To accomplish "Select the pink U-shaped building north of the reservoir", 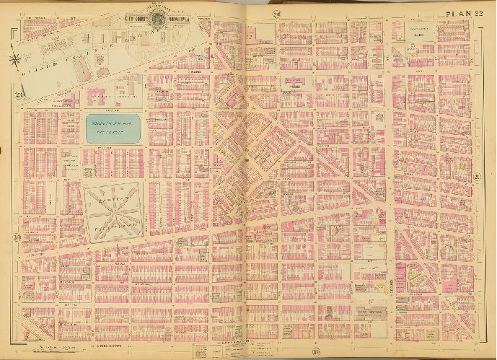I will click(108, 97).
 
